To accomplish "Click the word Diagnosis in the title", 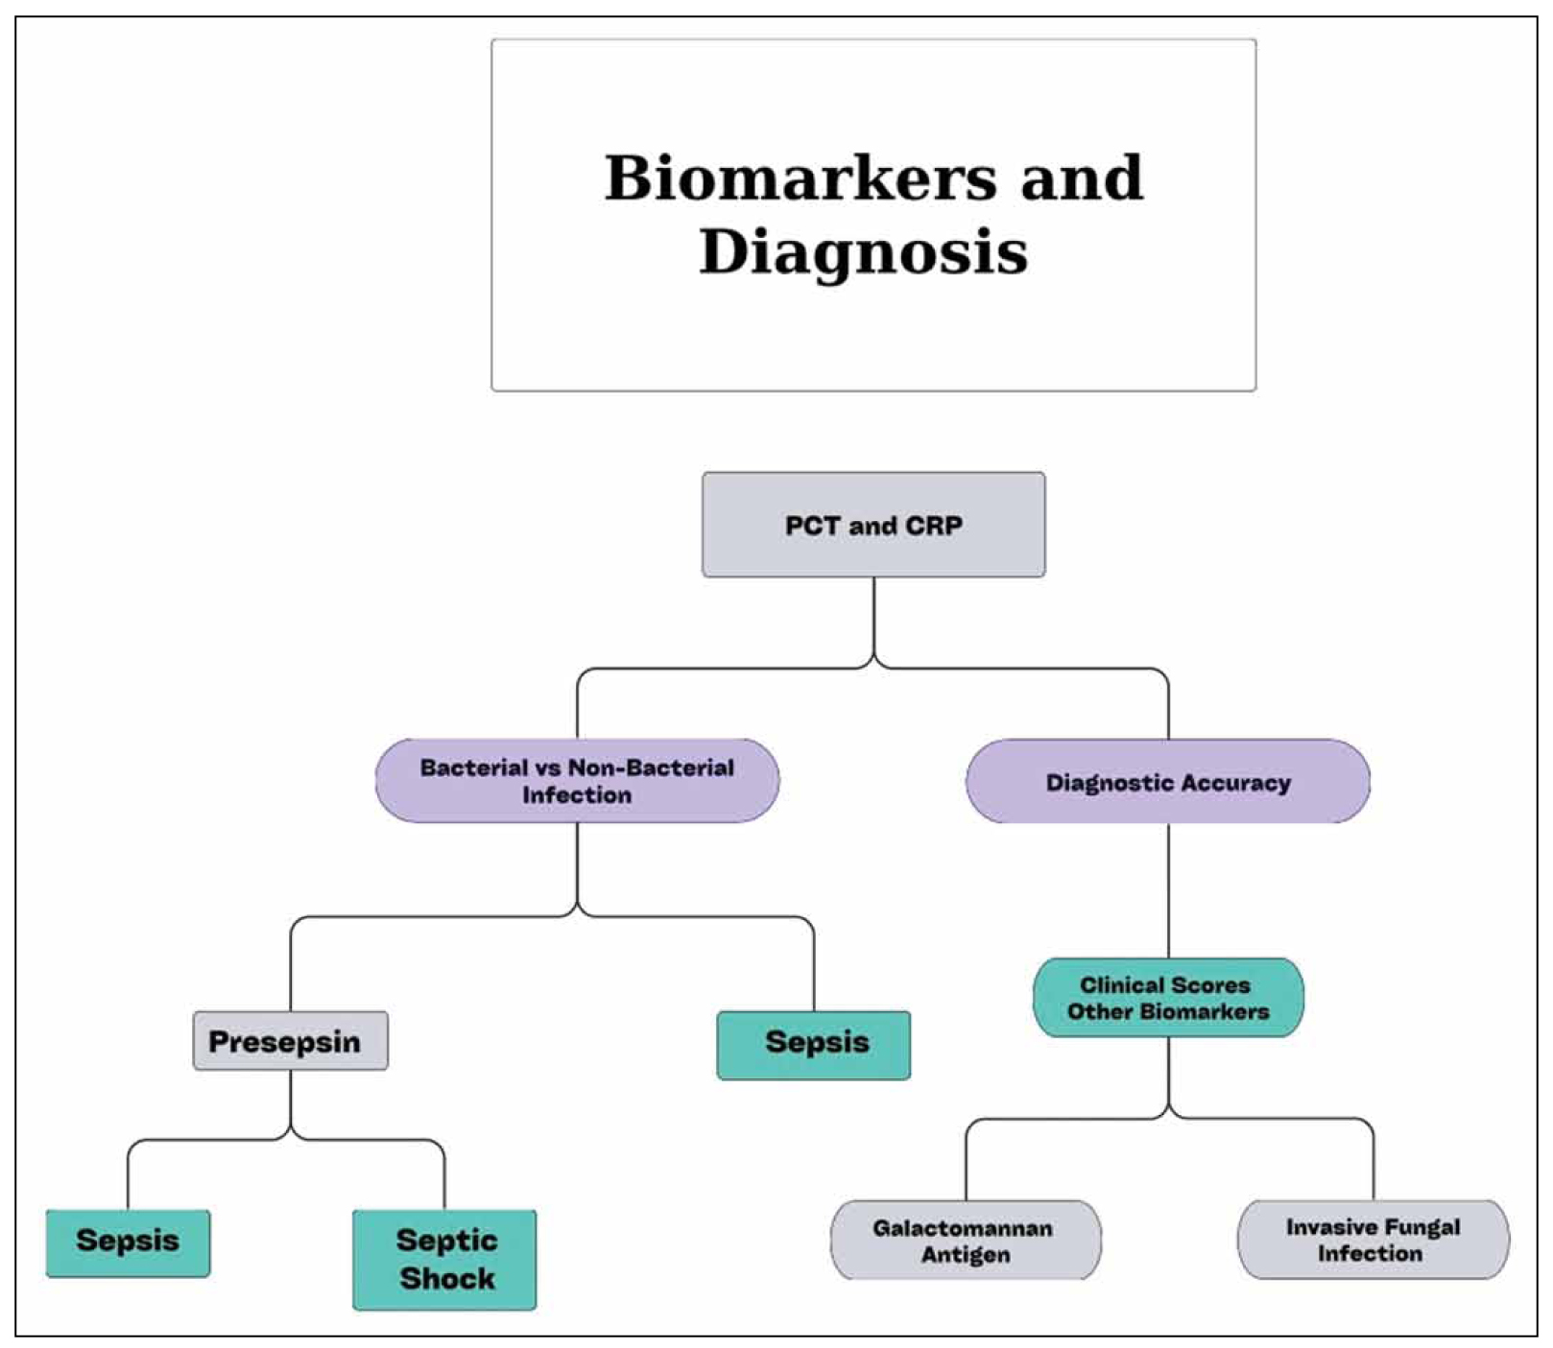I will click(x=863, y=252).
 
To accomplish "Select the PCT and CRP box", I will click(x=873, y=525).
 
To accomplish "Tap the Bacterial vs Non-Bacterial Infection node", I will click(x=577, y=781).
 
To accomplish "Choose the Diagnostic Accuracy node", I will click(x=1167, y=782).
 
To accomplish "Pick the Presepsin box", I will click(x=290, y=1041).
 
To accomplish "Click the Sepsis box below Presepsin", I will click(x=128, y=1242).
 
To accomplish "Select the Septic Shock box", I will click(x=445, y=1259).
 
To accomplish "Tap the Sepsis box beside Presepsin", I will click(x=814, y=1044).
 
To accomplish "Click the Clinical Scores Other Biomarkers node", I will click(x=1167, y=998).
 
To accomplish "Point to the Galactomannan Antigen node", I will click(x=966, y=1241).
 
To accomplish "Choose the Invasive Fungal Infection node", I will click(x=1373, y=1240).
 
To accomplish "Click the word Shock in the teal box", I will click(x=447, y=1279).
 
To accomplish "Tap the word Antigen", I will click(x=966, y=1255).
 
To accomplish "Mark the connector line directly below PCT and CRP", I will click(x=873, y=619).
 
